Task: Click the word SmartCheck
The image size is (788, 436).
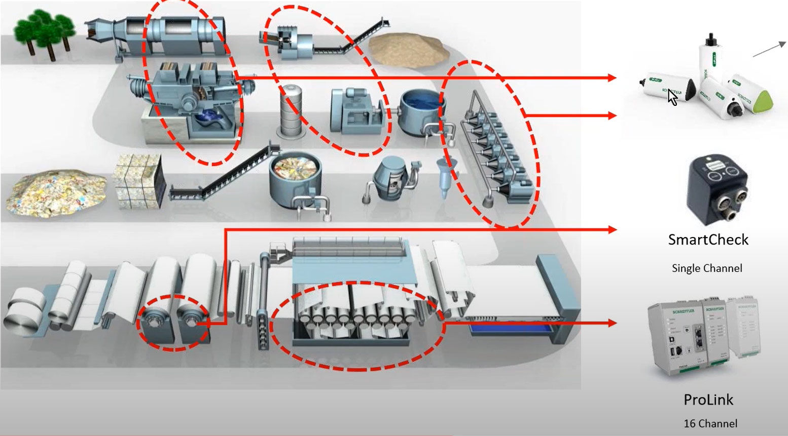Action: (x=708, y=240)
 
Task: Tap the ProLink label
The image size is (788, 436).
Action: (x=708, y=400)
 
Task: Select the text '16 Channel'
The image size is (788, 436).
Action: (x=710, y=423)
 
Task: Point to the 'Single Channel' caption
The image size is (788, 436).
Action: (x=707, y=268)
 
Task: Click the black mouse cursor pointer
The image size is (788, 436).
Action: (x=672, y=97)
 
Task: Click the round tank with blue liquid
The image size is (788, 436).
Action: (x=421, y=110)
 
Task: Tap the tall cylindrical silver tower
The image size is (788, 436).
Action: (x=291, y=110)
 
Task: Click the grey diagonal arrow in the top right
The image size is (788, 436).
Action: (x=769, y=49)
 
